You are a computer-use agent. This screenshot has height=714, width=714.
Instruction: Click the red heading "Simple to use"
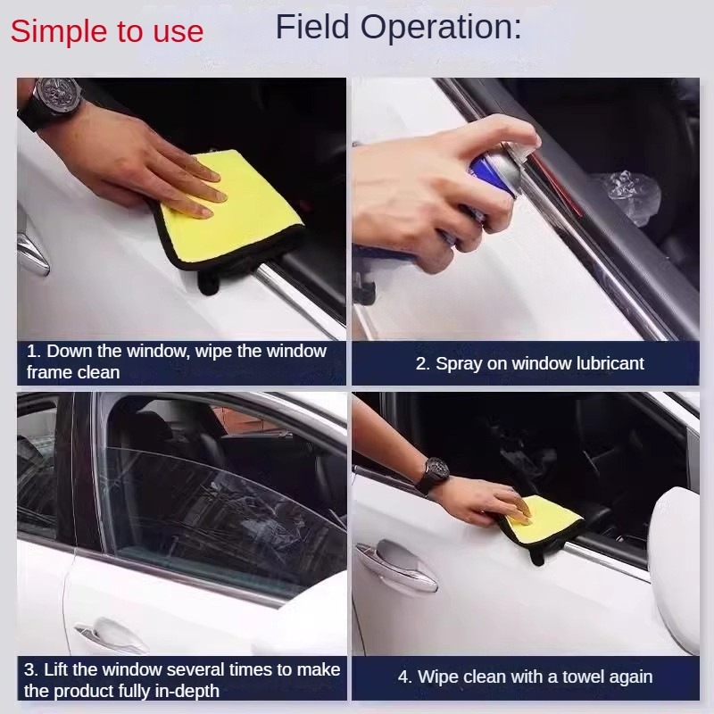107,31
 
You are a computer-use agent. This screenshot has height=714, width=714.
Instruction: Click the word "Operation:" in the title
441,27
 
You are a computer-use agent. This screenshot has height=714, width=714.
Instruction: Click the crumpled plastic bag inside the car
631,196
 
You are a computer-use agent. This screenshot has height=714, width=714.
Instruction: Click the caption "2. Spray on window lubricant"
529,363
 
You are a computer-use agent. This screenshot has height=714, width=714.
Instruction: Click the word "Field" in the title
312,27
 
